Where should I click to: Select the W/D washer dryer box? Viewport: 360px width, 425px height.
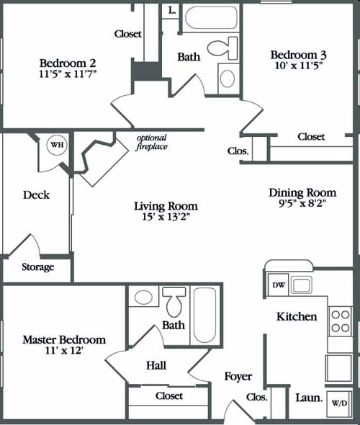[x=338, y=404]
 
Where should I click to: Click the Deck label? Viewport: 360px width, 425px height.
[x=35, y=194]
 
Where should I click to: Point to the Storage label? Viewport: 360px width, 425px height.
[x=37, y=267]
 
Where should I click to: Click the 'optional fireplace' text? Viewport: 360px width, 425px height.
[x=151, y=143]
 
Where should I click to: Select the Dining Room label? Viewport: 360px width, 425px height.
[x=302, y=192]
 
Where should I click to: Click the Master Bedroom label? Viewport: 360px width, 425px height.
[x=63, y=339]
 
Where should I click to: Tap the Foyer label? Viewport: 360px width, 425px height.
[x=237, y=376]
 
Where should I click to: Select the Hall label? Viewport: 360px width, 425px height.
[x=156, y=365]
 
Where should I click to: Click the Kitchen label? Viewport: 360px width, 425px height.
[x=297, y=316]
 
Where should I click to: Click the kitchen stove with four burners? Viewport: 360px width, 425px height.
[x=339, y=321]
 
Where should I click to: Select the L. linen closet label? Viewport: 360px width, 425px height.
[x=171, y=10]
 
